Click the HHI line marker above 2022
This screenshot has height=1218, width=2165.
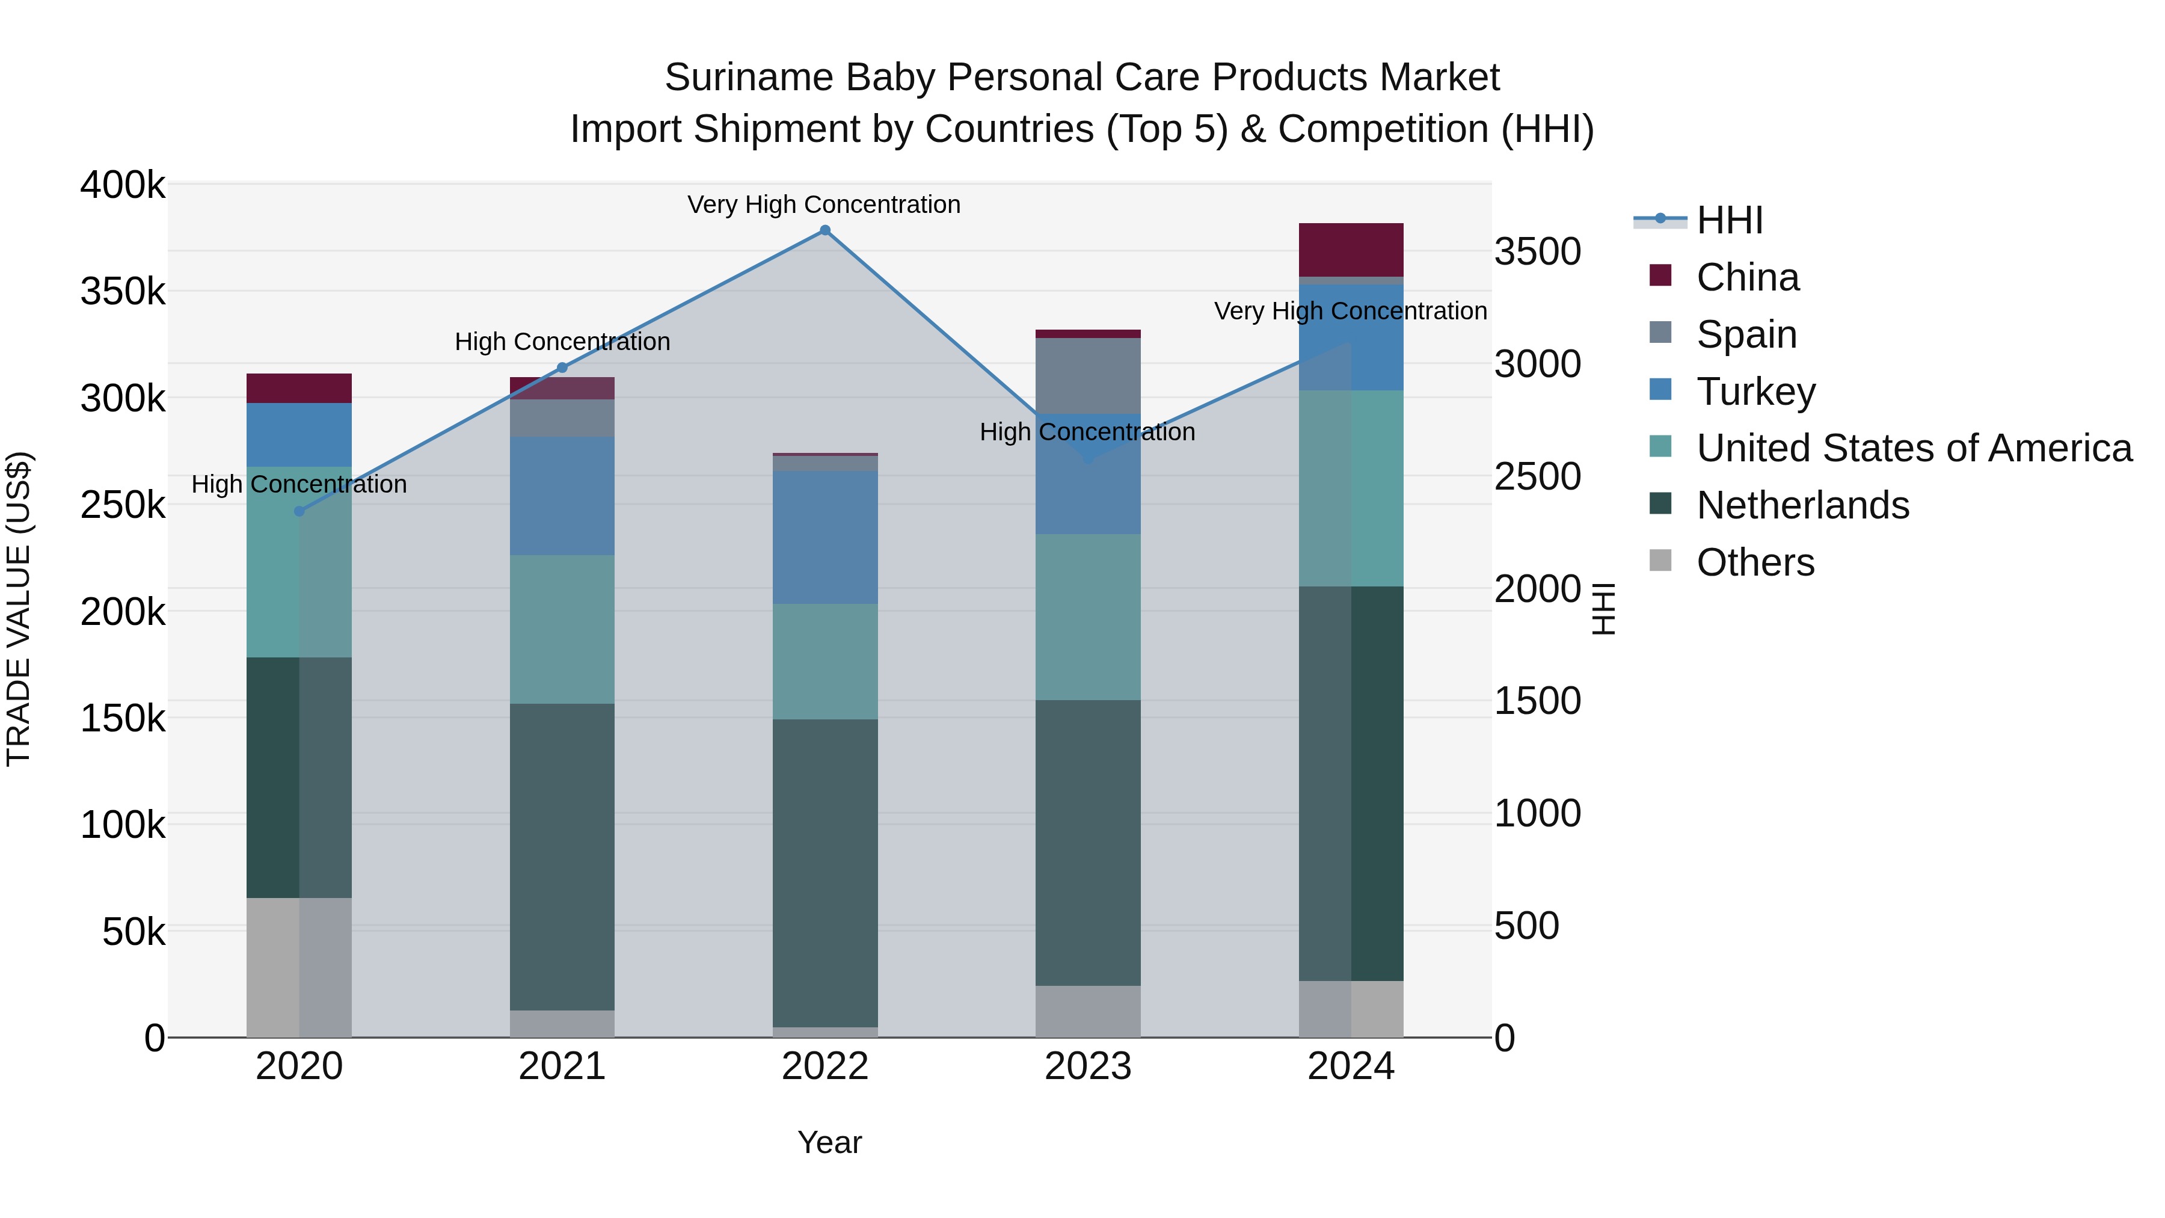(825, 230)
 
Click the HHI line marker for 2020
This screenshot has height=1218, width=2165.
(299, 511)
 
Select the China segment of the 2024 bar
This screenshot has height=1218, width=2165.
(1351, 250)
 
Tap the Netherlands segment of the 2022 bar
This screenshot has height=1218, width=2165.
(825, 873)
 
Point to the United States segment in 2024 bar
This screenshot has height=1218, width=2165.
(1351, 488)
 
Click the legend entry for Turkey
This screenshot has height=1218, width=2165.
(1755, 392)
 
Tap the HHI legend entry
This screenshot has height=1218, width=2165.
(1729, 220)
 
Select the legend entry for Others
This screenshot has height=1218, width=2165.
(1755, 562)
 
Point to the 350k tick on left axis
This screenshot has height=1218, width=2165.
(123, 292)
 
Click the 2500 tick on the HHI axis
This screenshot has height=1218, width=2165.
(1537, 476)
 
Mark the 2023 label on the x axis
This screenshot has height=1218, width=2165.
(1087, 1066)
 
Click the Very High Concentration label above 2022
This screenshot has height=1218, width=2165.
(824, 205)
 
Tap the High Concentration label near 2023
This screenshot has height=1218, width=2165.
(1087, 432)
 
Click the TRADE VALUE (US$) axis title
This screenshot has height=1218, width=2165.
(19, 609)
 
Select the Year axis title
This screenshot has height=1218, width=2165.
(829, 1142)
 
